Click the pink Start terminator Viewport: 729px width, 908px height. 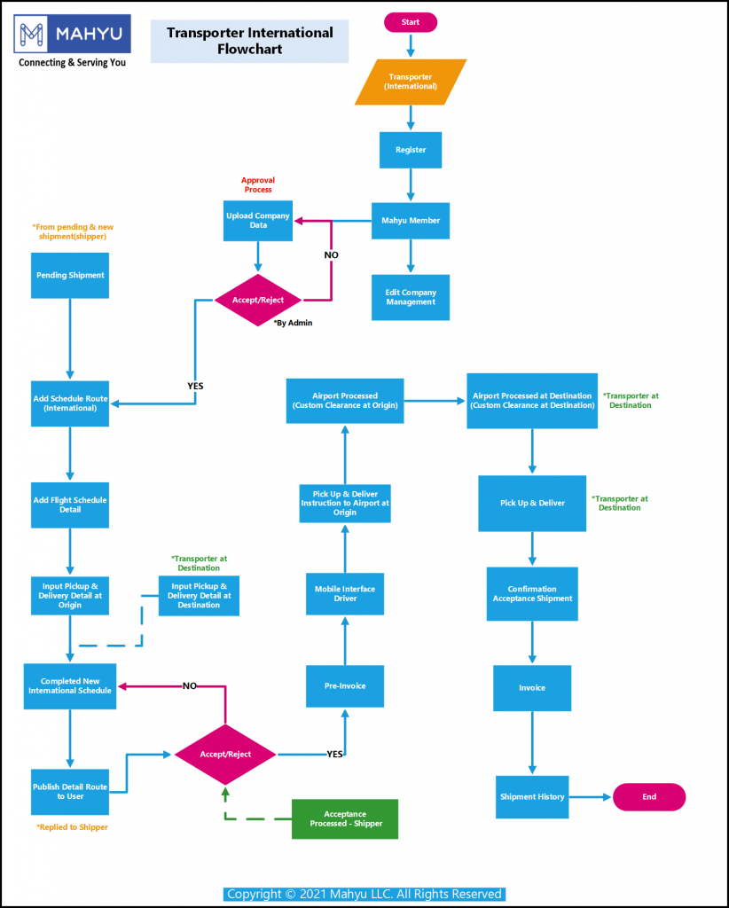point(410,22)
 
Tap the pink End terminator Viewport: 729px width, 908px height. point(649,796)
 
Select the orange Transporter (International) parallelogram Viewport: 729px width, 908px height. point(411,82)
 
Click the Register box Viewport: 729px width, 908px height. point(411,150)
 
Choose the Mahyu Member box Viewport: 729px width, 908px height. point(411,221)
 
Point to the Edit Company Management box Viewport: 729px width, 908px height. point(411,297)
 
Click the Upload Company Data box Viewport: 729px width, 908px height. point(258,221)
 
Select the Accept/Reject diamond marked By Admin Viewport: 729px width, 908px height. point(258,300)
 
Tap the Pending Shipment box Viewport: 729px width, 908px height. point(70,275)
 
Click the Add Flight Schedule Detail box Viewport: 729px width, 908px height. point(70,505)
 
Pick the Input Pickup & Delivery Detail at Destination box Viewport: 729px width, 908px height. point(199,596)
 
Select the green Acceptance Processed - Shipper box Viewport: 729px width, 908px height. point(345,818)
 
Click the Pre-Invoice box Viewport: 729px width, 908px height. point(345,685)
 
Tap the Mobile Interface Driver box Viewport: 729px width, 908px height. point(345,594)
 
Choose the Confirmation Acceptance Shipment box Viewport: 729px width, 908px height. point(532,594)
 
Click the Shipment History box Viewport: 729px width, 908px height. point(532,796)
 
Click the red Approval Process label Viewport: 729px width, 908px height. point(257,184)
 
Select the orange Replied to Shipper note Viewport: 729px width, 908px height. point(72,827)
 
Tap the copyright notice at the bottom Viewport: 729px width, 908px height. point(364,894)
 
